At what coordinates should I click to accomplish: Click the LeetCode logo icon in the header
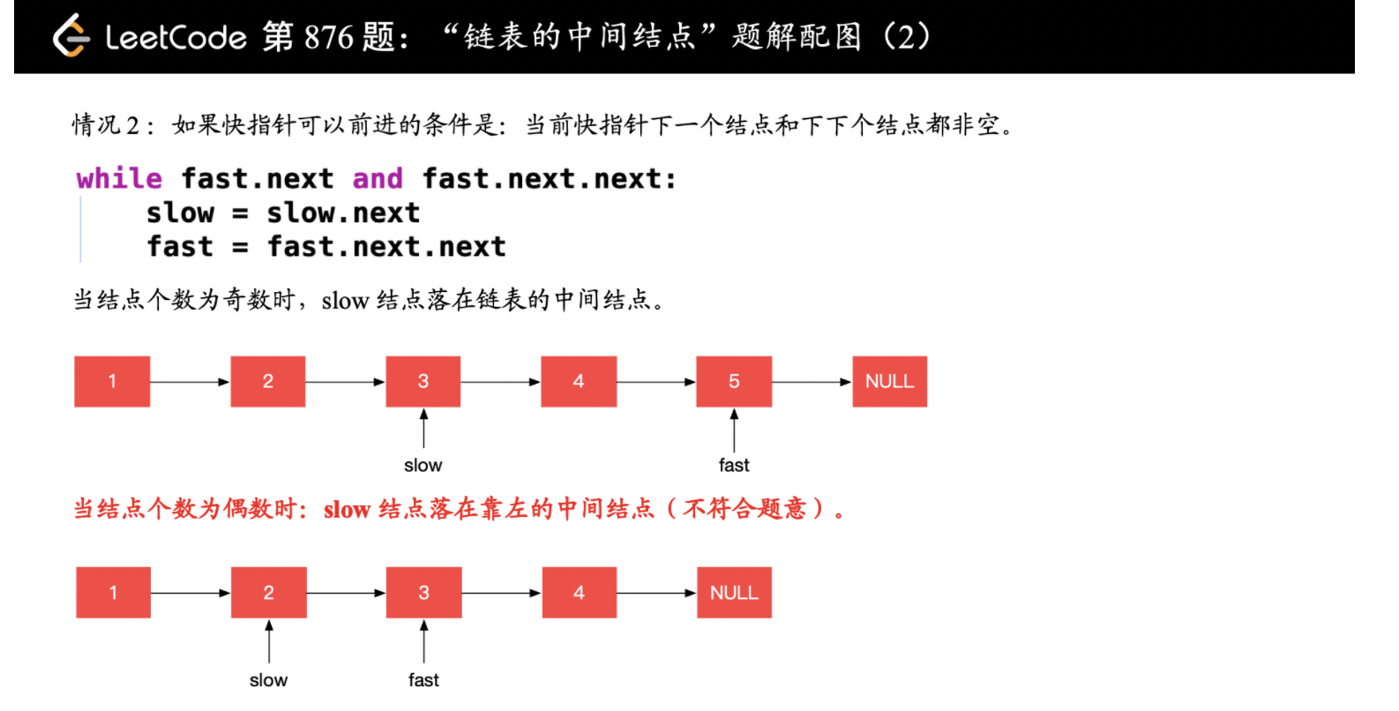click(71, 36)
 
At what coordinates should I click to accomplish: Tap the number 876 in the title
click(328, 37)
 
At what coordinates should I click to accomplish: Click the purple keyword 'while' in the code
click(119, 179)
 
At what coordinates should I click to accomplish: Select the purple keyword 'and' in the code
click(378, 179)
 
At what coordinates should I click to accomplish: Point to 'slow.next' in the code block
click(343, 213)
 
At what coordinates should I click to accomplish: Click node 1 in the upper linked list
click(112, 382)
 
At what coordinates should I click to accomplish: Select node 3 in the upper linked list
click(423, 382)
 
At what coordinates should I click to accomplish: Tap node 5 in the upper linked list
click(734, 382)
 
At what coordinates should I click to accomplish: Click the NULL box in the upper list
click(889, 382)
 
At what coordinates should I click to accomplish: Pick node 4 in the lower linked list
click(579, 593)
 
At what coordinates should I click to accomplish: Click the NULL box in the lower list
click(734, 593)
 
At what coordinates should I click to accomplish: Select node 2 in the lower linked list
click(268, 593)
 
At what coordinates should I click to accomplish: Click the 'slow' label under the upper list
click(423, 466)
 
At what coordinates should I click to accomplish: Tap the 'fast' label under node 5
click(734, 466)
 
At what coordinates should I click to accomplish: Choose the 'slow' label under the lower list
click(268, 680)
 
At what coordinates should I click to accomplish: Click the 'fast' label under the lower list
click(423, 680)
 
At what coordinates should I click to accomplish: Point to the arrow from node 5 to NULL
click(812, 382)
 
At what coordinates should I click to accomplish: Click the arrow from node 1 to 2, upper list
click(190, 382)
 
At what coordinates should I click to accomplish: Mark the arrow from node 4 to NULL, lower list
click(657, 593)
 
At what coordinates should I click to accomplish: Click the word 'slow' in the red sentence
click(347, 510)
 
